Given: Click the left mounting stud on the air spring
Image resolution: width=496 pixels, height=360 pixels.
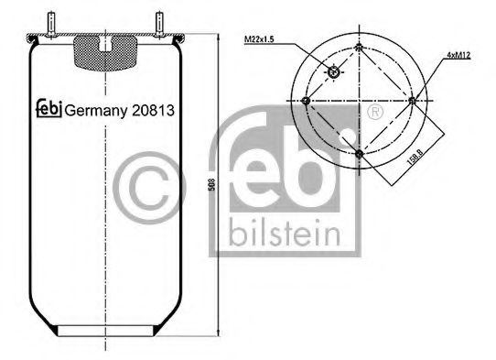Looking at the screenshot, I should coord(58,23).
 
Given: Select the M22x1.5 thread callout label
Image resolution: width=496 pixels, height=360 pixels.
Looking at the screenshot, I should coord(262,38).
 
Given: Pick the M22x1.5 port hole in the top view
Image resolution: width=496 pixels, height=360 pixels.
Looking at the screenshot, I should coord(333,72).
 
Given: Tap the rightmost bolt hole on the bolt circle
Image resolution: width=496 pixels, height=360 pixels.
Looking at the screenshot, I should coord(414,100).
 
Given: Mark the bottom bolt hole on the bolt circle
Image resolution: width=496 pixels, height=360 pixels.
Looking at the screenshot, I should coord(359,154).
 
